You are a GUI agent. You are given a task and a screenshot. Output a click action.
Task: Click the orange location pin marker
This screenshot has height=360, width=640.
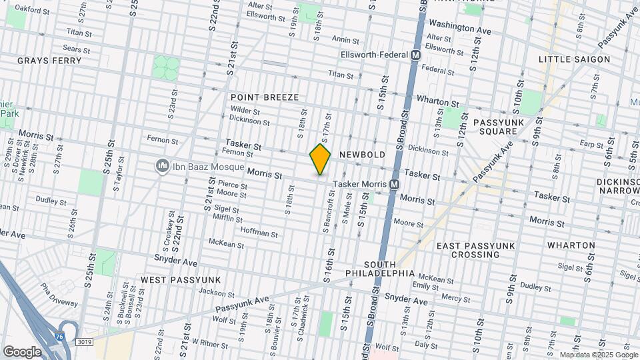pyautogui.click(x=320, y=159)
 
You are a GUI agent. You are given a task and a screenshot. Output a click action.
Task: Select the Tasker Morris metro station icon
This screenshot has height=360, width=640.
pyautogui.click(x=394, y=184)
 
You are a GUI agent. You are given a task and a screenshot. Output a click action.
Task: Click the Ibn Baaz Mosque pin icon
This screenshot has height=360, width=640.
pyautogui.click(x=161, y=165)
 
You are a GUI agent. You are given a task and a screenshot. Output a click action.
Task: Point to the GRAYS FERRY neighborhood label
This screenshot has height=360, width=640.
pyautogui.click(x=49, y=61)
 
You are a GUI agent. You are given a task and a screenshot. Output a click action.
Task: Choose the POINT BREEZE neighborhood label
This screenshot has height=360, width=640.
pyautogui.click(x=265, y=97)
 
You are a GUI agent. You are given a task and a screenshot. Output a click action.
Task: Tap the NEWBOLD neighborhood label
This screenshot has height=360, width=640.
pyautogui.click(x=362, y=155)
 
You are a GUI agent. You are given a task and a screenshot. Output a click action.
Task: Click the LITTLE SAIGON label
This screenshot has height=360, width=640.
pyautogui.click(x=574, y=59)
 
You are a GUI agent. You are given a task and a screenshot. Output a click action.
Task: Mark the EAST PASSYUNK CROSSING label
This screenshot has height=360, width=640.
pyautogui.click(x=475, y=250)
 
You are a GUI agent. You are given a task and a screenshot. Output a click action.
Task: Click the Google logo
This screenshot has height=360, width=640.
pyautogui.click(x=22, y=351)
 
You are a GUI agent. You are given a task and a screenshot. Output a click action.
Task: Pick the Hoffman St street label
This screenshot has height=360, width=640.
pyautogui.click(x=259, y=233)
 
